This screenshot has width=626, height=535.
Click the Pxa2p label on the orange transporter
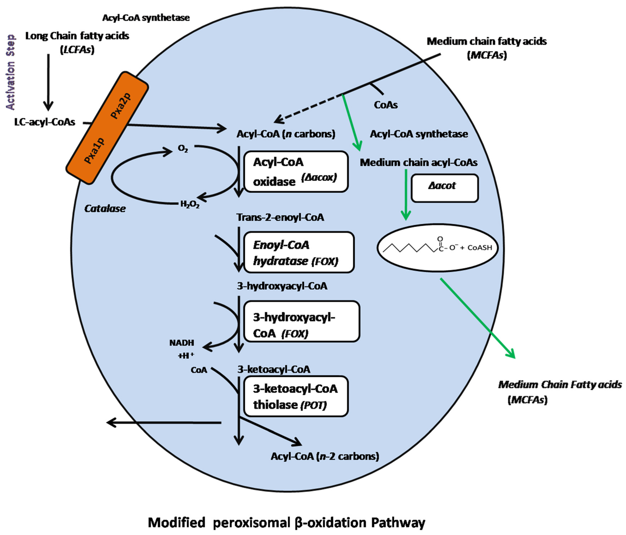tap(121, 106)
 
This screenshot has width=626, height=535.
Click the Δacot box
tap(444, 188)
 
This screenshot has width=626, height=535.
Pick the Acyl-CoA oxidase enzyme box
tap(296, 172)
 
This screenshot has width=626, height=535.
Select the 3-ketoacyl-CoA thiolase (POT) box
tap(296, 396)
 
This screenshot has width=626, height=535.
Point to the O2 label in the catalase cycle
tap(183, 148)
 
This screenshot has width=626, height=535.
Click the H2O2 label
tap(190, 205)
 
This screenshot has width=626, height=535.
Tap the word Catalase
tap(105, 208)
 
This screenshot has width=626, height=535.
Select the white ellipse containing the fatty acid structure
tap(437, 248)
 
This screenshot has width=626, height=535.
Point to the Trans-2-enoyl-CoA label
tap(280, 217)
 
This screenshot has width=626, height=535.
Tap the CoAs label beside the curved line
tap(386, 105)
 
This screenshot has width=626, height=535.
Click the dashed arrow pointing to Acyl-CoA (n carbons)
tap(307, 109)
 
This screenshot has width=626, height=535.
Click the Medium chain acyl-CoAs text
tap(419, 163)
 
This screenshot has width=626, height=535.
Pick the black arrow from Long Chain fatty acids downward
tap(48, 82)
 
